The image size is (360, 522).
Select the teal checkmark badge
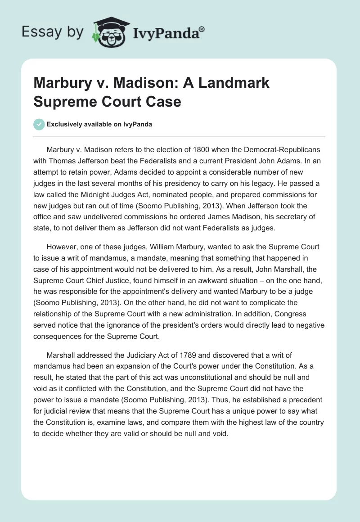40,124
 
